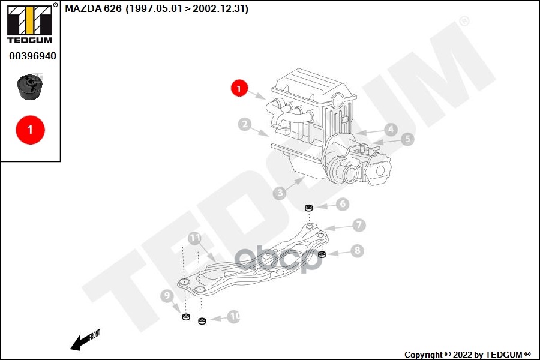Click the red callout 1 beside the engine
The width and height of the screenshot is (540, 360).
[x=239, y=89]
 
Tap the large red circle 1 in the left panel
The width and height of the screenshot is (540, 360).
[x=30, y=128]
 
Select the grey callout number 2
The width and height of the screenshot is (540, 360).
[x=244, y=125]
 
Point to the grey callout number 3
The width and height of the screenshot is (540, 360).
[x=279, y=193]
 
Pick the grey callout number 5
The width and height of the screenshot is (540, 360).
[x=407, y=139]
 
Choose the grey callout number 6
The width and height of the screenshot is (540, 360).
[x=342, y=204]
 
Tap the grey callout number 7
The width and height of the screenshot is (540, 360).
[x=358, y=226]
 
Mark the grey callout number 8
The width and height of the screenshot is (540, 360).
[x=357, y=250]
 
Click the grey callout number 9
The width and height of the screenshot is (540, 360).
[x=167, y=295]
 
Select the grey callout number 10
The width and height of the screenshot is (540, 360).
[x=233, y=316]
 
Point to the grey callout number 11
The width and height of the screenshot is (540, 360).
[x=194, y=238]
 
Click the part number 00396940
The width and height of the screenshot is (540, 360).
[x=32, y=56]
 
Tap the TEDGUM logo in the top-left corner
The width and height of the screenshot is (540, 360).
[x=29, y=23]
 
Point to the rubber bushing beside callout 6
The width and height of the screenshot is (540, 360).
[x=310, y=208]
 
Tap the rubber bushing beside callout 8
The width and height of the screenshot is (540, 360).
[x=321, y=254]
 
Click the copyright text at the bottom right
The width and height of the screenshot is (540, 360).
[x=467, y=355]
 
